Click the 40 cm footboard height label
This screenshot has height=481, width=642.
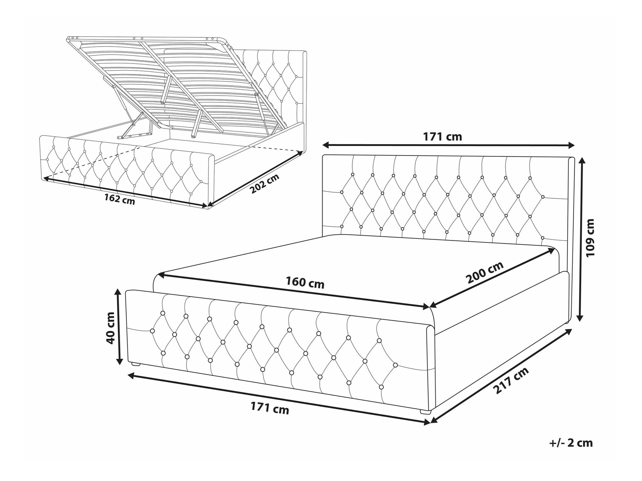111,328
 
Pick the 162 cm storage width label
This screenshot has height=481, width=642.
119,199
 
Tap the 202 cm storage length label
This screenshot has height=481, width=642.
265,184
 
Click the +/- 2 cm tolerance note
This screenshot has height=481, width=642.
571,443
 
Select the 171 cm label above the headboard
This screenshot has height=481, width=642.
443,137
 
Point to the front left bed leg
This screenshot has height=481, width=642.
136,365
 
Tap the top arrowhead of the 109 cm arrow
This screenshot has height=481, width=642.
580,161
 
